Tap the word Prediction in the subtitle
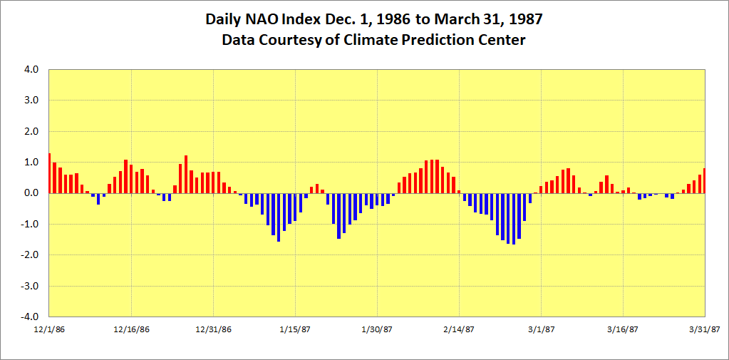pyautogui.click(x=441, y=40)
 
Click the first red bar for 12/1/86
pyautogui.click(x=49, y=173)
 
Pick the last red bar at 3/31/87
pyautogui.click(x=704, y=181)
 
